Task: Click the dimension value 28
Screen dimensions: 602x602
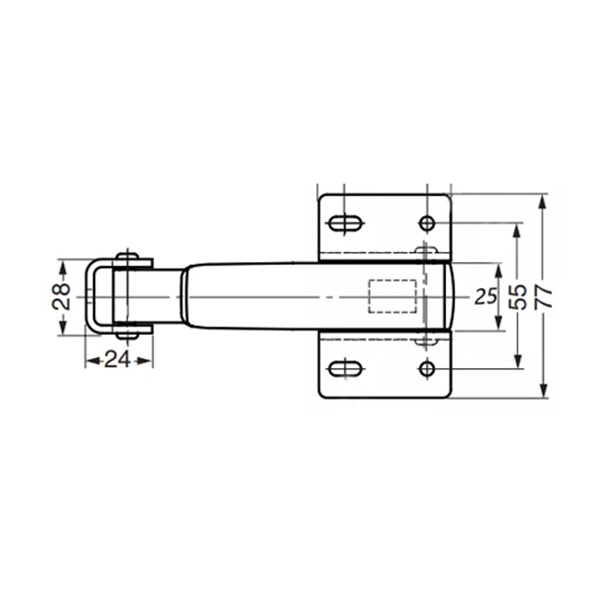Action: [x=62, y=296]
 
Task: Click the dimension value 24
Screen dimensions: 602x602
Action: [x=117, y=360]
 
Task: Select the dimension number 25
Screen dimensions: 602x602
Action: [x=485, y=296]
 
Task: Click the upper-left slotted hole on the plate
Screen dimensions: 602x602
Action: [x=345, y=223]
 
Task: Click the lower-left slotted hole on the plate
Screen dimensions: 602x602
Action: [x=345, y=369]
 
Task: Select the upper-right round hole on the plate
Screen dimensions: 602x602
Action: [x=427, y=223]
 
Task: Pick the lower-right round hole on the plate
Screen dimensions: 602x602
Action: [x=427, y=369]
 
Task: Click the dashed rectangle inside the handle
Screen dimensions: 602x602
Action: [x=392, y=296]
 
